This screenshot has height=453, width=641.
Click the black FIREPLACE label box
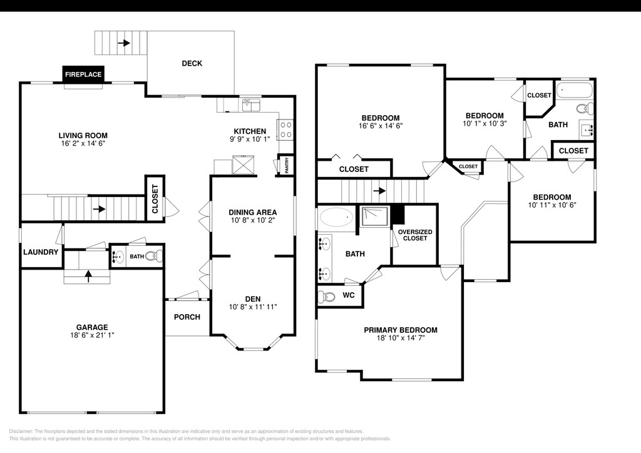tap(83, 74)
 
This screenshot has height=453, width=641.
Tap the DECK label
tap(192, 63)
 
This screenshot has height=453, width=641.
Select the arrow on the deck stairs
tap(124, 43)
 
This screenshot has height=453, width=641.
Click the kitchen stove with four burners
tap(285, 130)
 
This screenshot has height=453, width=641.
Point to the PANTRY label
tap(287, 165)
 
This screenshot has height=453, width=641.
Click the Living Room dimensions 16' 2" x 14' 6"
tap(83, 143)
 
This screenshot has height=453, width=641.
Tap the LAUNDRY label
tap(41, 252)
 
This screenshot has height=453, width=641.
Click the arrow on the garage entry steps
tap(88, 276)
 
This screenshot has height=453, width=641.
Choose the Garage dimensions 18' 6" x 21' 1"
tap(92, 335)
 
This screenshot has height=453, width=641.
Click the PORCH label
tap(187, 317)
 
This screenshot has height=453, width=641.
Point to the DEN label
tap(253, 299)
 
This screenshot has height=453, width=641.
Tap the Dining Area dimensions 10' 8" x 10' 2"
tap(253, 220)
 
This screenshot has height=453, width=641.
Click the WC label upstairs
tap(349, 295)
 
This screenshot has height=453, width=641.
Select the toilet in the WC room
tap(326, 296)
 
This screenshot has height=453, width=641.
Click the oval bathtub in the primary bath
tap(337, 217)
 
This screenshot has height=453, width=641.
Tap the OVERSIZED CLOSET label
tap(415, 235)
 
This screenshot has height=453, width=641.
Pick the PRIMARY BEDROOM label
tap(401, 330)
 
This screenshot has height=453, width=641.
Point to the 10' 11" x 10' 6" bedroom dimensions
tap(552, 205)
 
